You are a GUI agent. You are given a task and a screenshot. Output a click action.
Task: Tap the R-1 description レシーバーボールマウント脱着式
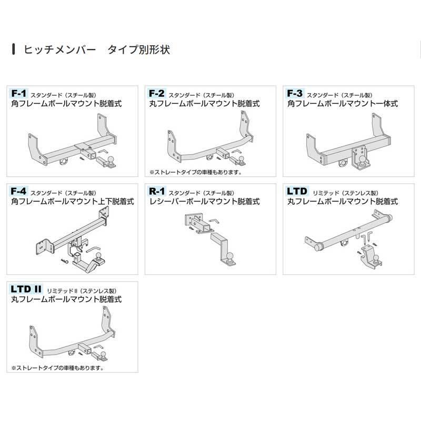click(x=204, y=202)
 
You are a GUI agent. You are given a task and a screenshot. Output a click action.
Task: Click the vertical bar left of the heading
click(x=13, y=51)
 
